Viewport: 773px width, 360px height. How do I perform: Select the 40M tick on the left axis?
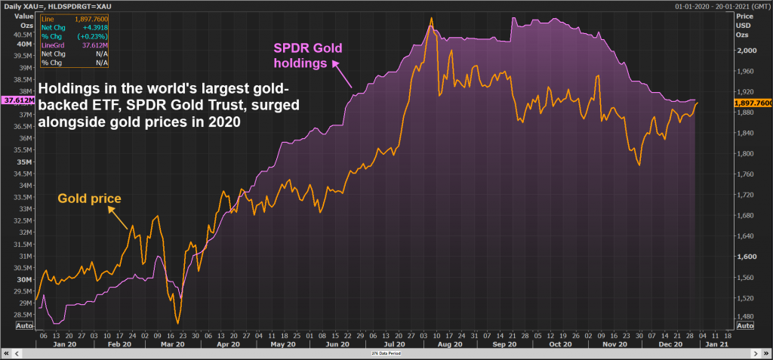22,44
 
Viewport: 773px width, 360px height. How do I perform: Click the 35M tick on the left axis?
22,162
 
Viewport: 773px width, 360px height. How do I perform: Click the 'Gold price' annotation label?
90,199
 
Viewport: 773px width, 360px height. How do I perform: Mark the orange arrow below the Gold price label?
117,220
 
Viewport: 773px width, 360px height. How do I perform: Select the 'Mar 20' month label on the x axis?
174,343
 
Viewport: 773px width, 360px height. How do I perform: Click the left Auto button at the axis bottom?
24,325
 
